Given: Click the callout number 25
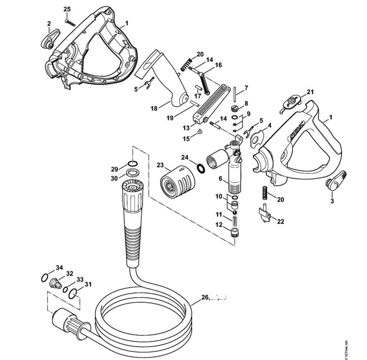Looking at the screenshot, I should coord(67,9).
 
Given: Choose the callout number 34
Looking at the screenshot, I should coord(59,268).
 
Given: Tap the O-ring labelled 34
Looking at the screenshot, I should coord(45,278).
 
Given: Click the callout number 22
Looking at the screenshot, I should coord(280,221).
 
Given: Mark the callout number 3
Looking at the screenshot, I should coord(332,201).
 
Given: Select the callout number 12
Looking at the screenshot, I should coord(218,225).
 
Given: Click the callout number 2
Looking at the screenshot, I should coord(49,24).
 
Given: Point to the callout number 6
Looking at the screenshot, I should coord(221,179).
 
